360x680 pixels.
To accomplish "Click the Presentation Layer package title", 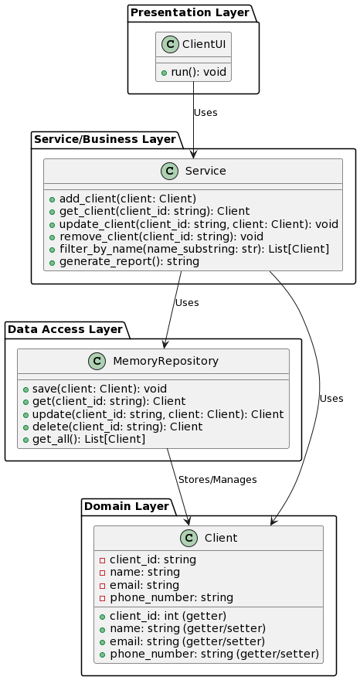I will (190, 13).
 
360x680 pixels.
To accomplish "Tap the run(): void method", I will (198, 72).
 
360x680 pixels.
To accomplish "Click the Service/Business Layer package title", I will (104, 140).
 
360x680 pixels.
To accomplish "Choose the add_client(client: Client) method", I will (127, 199).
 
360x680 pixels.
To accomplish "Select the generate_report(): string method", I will (129, 261).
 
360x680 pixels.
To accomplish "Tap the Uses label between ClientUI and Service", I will (205, 113).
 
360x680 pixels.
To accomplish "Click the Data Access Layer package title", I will (65, 330).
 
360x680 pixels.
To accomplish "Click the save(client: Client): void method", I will (100, 389).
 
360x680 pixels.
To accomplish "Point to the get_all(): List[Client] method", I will (89, 439).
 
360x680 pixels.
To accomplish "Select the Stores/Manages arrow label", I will (217, 480).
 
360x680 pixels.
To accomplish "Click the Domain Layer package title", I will (126, 507).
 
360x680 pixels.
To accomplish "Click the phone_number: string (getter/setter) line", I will (214, 654).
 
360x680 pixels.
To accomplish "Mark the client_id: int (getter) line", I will (168, 616).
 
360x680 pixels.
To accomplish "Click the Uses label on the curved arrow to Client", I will (331, 399).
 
